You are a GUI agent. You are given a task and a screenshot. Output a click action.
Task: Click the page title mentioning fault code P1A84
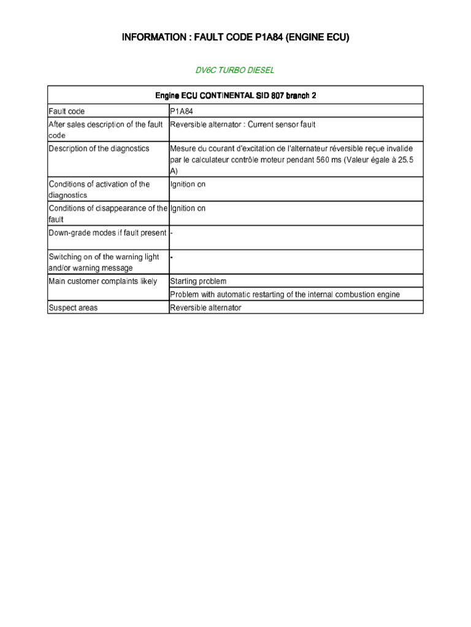[x=235, y=38]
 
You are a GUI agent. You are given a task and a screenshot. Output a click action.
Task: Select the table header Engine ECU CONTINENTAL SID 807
[x=235, y=96]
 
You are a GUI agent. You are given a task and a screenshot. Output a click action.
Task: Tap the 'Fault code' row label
[x=67, y=111]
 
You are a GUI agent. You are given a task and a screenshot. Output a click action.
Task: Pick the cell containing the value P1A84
[x=183, y=111]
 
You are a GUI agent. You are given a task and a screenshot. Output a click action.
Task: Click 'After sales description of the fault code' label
[x=105, y=130]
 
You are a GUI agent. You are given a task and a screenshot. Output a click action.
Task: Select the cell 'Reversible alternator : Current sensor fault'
[x=243, y=125]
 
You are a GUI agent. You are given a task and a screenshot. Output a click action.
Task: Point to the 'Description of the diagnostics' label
[x=99, y=149]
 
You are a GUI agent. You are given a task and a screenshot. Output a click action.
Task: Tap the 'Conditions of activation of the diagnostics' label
[x=99, y=189]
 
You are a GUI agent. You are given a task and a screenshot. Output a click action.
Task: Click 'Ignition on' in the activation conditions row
[x=188, y=184]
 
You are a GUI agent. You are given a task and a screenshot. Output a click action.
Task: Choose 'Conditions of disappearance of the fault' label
[x=107, y=214]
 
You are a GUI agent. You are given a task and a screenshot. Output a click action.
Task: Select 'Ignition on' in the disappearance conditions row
[x=188, y=209]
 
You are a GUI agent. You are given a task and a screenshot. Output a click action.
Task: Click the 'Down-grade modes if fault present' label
[x=107, y=233]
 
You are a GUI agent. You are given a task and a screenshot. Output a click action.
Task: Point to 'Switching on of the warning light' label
[x=104, y=257]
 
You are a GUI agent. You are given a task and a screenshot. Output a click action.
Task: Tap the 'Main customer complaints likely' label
[x=102, y=282]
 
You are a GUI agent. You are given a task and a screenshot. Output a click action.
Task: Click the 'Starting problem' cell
[x=198, y=282]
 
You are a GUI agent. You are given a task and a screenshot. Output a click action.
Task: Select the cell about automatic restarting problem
[x=285, y=295]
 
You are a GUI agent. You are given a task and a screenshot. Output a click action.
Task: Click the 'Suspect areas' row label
[x=73, y=308]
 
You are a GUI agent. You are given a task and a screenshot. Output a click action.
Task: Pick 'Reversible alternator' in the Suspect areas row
[x=205, y=308]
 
